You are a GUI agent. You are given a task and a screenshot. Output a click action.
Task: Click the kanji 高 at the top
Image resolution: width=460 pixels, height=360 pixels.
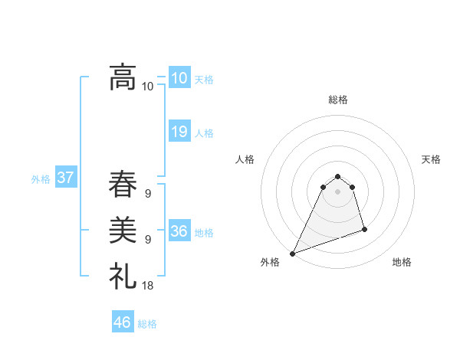coord(123,77)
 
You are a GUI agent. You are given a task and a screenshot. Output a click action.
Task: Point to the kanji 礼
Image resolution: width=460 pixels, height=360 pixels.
coord(123,275)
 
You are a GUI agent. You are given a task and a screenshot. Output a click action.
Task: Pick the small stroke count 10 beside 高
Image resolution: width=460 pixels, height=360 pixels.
coord(147,87)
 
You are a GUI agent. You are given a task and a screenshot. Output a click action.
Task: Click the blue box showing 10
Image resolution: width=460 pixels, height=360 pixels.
coord(179,78)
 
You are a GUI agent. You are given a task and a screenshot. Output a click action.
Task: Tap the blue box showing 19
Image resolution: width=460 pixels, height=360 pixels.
coord(179,132)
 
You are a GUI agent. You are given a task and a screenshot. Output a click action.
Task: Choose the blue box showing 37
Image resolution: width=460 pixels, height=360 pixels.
coord(65,178)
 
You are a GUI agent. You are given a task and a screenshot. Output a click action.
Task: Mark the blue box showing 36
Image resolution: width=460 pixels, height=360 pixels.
coord(179,231)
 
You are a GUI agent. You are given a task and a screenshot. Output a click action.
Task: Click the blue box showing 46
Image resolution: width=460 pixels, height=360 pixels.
coord(122,322)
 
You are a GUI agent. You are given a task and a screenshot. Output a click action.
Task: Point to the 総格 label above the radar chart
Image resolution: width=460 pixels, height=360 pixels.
coord(338,100)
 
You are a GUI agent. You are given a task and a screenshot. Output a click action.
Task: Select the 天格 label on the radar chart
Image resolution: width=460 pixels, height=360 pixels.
coord(431,159)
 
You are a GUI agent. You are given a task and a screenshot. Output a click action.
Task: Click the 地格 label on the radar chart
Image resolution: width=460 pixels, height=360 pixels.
coord(402,262)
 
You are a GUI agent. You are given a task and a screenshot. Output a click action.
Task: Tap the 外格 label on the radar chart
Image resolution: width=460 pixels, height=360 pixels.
coord(270,262)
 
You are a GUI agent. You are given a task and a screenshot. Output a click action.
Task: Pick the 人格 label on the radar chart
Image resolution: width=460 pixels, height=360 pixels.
coord(245,159)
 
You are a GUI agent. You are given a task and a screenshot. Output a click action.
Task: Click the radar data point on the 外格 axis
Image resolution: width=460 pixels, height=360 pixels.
coord(292,254)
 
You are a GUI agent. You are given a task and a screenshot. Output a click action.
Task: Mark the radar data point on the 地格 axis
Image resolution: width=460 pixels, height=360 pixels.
coord(364,229)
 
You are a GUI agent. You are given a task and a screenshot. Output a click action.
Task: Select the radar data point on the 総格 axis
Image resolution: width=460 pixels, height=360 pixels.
coord(338,176)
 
